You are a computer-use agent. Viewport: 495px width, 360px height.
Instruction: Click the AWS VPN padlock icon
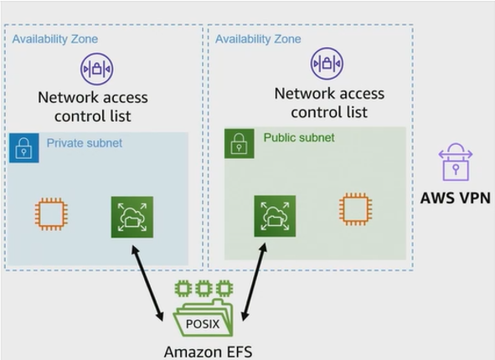coord(456,162)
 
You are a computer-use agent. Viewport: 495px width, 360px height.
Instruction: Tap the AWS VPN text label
coord(456,198)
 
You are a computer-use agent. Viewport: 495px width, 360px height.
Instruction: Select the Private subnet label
coord(85,143)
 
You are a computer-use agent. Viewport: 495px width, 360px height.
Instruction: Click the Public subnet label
coord(299,137)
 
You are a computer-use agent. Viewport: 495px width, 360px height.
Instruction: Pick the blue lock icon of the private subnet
coord(24,148)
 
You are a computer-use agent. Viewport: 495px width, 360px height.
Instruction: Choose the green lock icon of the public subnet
coord(240,143)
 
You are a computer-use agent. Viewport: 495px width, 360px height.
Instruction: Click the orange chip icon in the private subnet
coord(51,214)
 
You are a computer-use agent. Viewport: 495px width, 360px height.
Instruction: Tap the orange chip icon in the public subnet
coord(355,209)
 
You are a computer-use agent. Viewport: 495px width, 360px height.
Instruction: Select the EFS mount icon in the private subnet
coord(132,217)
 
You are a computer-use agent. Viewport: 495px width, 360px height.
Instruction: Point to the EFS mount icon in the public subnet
coord(275,216)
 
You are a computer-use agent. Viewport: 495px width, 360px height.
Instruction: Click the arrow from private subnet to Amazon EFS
coord(147,283)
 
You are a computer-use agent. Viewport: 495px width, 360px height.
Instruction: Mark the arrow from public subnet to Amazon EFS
coord(254,282)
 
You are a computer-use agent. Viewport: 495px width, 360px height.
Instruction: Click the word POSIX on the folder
coord(203,324)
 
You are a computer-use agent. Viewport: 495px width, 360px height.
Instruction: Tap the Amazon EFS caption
coord(208,352)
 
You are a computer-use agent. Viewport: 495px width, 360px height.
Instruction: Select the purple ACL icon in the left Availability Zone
coord(96,69)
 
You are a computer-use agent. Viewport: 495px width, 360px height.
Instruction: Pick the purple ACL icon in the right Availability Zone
coord(327,64)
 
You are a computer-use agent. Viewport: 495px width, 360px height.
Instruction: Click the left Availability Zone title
coord(55,39)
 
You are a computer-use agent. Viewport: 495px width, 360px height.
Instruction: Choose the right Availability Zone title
coord(258,39)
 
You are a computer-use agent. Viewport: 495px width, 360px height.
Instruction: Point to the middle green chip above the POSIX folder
coord(204,288)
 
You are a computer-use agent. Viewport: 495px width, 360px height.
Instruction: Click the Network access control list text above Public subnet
coord(329,103)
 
